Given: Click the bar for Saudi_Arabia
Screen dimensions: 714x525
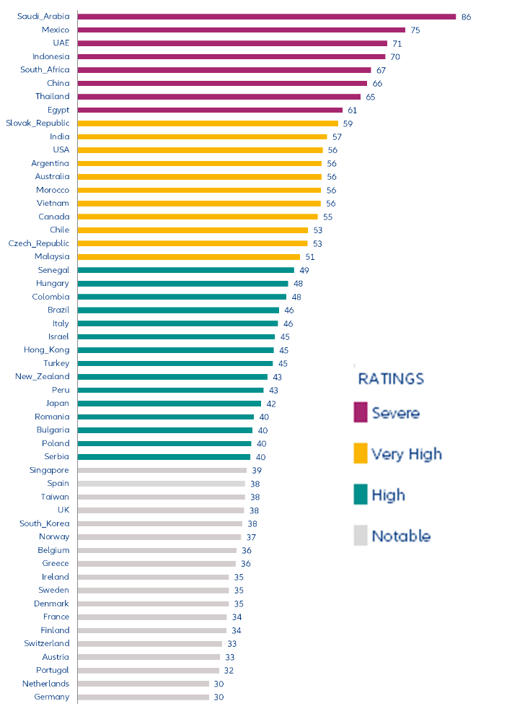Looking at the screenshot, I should click(266, 17).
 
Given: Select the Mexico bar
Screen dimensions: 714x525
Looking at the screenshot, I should click(241, 30).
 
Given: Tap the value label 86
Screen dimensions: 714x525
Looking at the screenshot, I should click(466, 17).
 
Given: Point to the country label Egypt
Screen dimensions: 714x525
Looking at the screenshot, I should click(58, 110).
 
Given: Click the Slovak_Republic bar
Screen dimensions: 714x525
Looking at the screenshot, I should click(207, 123).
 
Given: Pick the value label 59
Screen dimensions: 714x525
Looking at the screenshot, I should click(348, 123).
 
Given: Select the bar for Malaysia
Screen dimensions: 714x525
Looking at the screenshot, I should click(188, 256).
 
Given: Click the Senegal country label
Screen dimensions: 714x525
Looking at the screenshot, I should click(53, 270).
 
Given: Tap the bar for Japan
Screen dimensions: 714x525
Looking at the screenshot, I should click(169, 404).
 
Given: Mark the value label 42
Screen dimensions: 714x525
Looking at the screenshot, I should click(271, 404).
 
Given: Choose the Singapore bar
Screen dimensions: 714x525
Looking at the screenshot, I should click(162, 470).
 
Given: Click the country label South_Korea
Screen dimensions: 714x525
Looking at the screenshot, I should click(44, 523).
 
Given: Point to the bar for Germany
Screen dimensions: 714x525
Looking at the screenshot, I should click(143, 697).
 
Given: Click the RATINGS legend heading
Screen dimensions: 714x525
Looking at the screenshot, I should click(391, 378).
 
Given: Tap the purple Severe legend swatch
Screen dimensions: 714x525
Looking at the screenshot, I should click(361, 412).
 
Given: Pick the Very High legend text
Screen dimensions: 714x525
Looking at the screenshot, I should click(406, 453).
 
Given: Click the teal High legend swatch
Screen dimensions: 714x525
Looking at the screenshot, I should click(361, 495).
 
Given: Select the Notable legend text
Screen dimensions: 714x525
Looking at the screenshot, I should click(401, 536).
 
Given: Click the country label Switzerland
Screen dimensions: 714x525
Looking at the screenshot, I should click(47, 643).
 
